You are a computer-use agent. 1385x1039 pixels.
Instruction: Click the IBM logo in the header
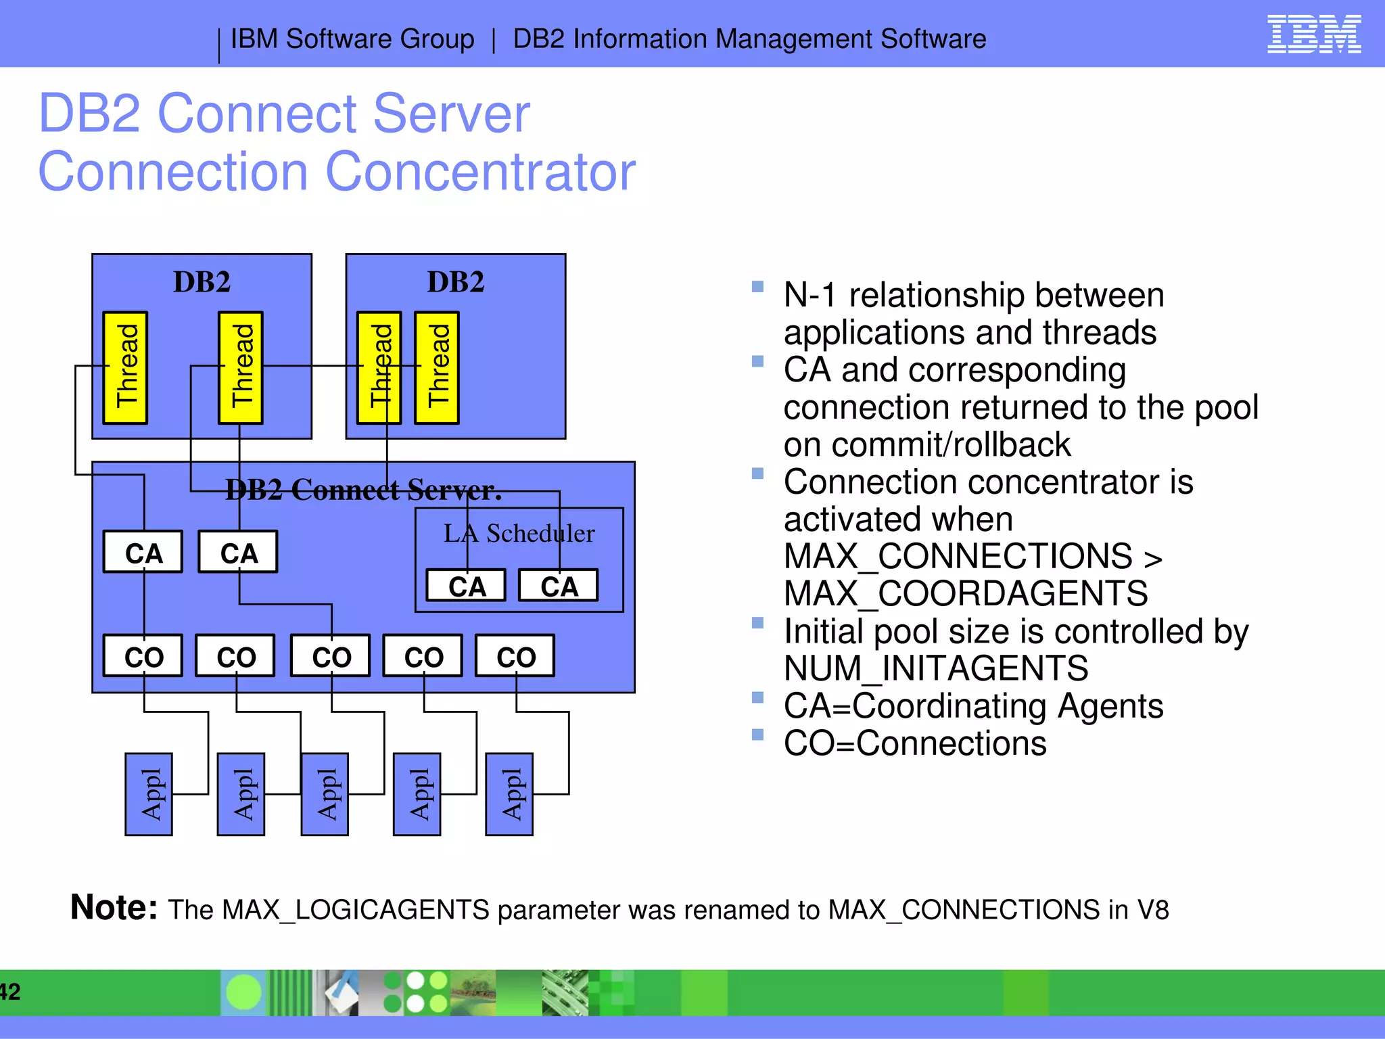pos(1313,34)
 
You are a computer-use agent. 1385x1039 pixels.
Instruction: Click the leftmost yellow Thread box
pos(125,367)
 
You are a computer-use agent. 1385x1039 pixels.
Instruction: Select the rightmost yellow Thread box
pos(437,367)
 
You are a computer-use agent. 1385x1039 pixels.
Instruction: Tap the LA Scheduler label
pos(519,534)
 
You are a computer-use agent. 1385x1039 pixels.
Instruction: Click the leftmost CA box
pos(143,552)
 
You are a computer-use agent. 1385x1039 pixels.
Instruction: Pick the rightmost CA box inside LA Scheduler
pos(559,586)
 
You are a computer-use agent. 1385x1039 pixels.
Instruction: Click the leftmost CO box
pos(143,656)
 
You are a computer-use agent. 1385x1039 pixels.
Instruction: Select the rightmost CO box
pos(515,656)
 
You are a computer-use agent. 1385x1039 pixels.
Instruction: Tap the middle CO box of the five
pos(331,656)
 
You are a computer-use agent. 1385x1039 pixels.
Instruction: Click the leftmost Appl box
pos(149,794)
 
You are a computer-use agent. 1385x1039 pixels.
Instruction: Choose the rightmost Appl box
pos(509,794)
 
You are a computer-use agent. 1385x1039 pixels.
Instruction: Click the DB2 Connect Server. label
pos(363,490)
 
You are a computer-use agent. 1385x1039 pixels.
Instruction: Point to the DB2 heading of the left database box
pos(202,282)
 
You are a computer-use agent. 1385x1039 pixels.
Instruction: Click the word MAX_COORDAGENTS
pos(966,594)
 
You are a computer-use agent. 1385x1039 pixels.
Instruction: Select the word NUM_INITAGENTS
pos(936,669)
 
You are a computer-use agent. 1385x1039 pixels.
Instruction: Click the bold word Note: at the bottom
pos(114,907)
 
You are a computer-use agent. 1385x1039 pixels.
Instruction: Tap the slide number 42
pos(9,992)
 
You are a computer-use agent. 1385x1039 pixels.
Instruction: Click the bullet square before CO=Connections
pos(757,735)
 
